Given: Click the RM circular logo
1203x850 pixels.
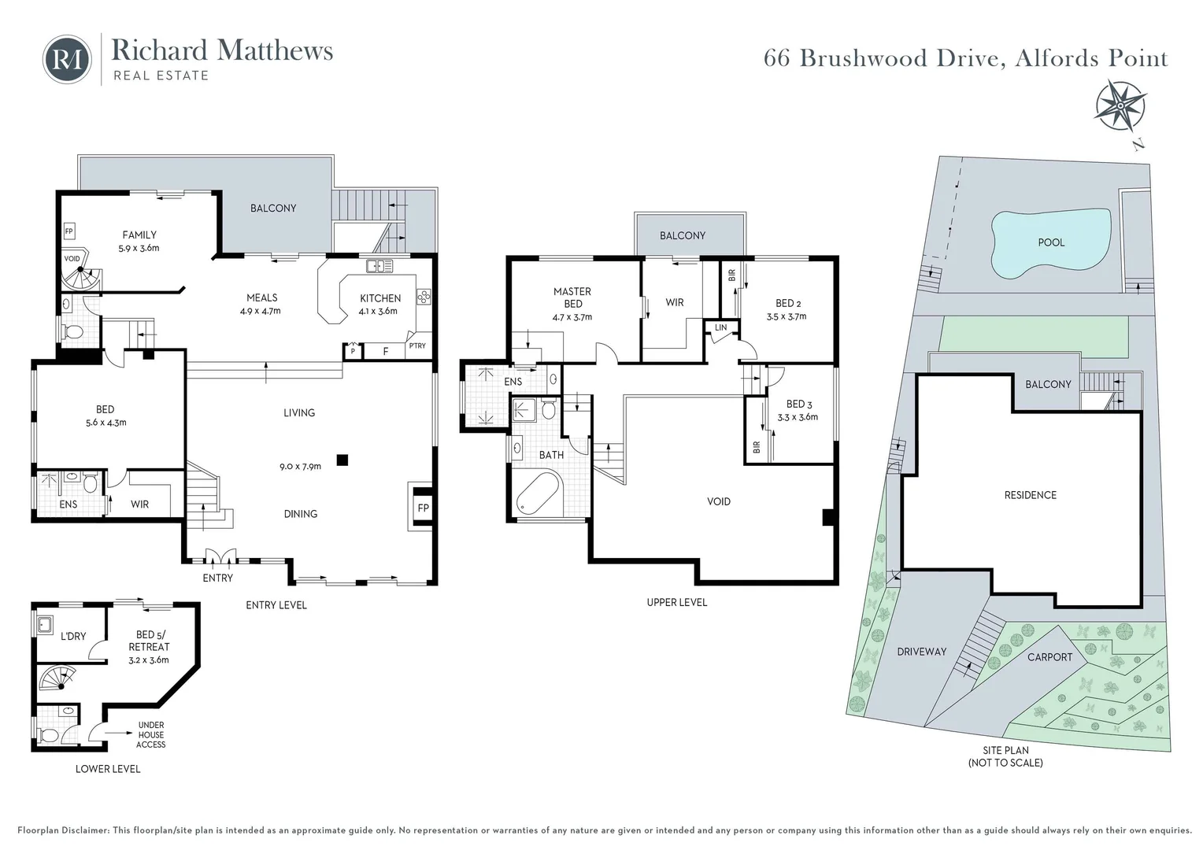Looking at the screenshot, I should [x=67, y=59].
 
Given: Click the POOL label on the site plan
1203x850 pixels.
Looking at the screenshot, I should [x=1050, y=242].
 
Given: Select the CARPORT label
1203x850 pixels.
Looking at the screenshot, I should [x=1049, y=657].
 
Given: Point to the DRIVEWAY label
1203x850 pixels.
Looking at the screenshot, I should [x=921, y=652].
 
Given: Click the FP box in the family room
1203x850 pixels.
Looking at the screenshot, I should [x=69, y=232].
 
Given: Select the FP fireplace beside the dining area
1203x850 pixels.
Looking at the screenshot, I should [x=422, y=508].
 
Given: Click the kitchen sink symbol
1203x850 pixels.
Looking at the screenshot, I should [x=381, y=267].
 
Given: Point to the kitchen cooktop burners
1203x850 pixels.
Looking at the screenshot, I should [x=424, y=297].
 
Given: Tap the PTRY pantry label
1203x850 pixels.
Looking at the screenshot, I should [x=417, y=346].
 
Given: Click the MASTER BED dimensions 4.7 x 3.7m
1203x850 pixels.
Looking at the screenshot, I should [x=572, y=317].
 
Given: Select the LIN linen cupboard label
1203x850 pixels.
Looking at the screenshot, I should [x=720, y=327].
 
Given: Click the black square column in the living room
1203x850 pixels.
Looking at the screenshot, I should [x=341, y=460].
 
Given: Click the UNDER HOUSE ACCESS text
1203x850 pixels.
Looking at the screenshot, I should [x=150, y=735].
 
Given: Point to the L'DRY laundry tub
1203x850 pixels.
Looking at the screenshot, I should [x=44, y=624].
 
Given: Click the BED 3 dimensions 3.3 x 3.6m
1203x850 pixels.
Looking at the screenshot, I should [x=798, y=417].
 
